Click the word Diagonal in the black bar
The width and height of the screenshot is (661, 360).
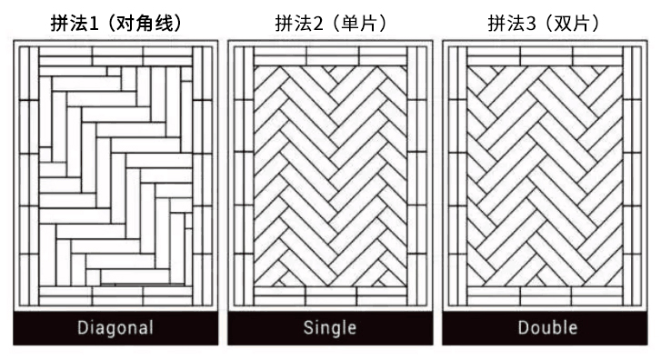pos(115,328)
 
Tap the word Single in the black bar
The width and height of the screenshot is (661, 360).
pos(331,328)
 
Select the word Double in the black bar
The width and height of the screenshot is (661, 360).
pos(547,328)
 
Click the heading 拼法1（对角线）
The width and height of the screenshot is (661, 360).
pos(115,23)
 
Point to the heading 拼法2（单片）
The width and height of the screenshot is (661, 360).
pos(331,23)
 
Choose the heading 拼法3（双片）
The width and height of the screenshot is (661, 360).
pos(547,23)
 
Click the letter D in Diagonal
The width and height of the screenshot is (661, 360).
pos(83,328)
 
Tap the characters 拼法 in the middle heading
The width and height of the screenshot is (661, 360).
pos(291,23)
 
